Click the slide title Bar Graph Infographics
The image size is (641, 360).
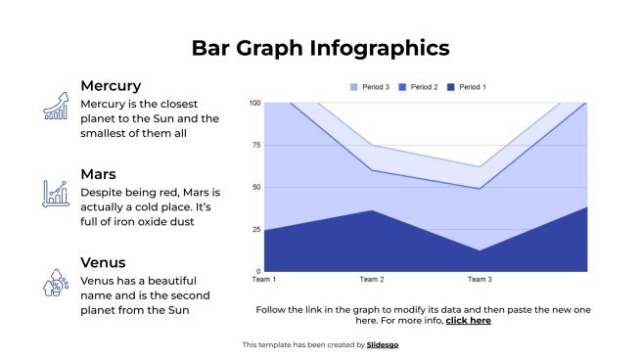pos(320,48)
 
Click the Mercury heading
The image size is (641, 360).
pos(111,85)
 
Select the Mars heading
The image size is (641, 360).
pos(99,174)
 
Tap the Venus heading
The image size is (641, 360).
pos(103,262)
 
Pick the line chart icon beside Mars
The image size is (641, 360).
pos(56,194)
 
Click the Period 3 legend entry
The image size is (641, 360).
pos(370,87)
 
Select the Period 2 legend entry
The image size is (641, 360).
pos(418,87)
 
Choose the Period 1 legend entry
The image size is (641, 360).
pos(467,87)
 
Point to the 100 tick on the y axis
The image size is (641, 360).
pos(254,103)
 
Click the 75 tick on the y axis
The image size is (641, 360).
pos(256,145)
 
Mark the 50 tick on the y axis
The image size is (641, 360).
pos(256,187)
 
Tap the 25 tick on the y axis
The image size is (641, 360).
pos(256,229)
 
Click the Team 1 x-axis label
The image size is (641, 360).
pos(264,280)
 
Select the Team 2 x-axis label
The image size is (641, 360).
pos(372,280)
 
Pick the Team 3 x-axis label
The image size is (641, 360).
pos(480,280)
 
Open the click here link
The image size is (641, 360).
pos(468,320)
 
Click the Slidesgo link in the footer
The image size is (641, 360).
pos(383,344)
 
